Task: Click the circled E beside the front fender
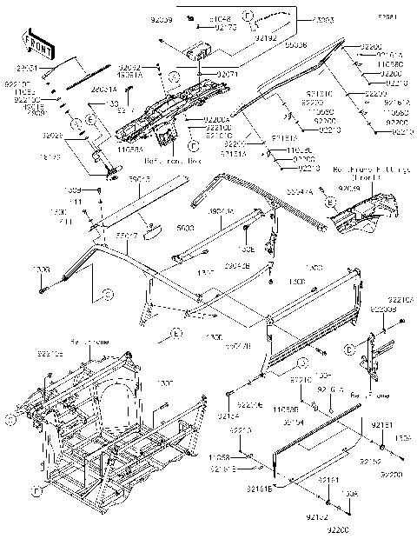330,201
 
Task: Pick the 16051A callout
130,76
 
